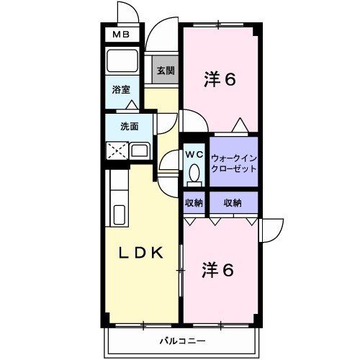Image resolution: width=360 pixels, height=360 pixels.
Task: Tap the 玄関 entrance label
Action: click(x=165, y=71)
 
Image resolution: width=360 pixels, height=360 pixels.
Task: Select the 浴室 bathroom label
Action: click(x=120, y=90)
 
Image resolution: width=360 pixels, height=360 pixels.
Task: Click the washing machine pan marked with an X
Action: click(x=117, y=151)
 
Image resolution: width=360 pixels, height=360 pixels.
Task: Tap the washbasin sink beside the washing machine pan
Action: click(x=140, y=151)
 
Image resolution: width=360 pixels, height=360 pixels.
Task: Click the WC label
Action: click(x=194, y=153)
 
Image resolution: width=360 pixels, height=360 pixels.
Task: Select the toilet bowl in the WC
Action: click(x=194, y=173)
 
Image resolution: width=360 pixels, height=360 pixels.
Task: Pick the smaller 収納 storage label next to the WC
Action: click(x=194, y=203)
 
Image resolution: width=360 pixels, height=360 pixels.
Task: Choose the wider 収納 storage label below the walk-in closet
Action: click(x=232, y=203)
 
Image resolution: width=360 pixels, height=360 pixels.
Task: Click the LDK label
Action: click(x=140, y=253)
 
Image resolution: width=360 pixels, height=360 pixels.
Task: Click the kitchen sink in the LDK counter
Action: click(x=120, y=215)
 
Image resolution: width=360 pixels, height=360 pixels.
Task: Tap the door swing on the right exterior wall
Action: click(x=271, y=230)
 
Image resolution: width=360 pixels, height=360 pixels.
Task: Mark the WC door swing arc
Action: click(x=169, y=162)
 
